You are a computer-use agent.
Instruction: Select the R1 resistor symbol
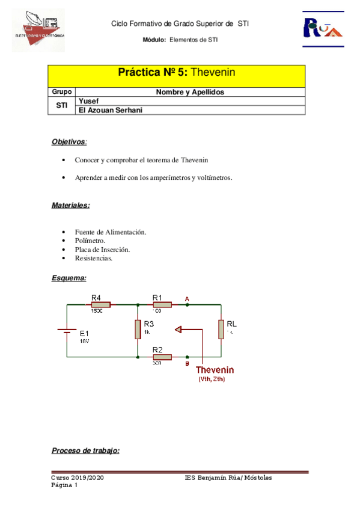(161, 305)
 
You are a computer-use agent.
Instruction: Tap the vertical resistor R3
(138, 329)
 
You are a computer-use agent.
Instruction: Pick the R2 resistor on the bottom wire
(161, 357)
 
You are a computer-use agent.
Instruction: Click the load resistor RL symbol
(221, 329)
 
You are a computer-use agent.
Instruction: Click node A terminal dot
(188, 305)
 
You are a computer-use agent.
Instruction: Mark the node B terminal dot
(188, 357)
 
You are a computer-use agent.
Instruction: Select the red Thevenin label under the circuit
(215, 370)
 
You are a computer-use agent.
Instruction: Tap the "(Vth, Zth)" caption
(213, 379)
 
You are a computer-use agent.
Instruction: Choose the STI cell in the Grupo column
(61, 105)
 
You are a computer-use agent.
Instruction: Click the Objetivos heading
(68, 142)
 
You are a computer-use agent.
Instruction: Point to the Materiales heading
(70, 205)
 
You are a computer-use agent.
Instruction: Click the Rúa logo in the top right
(323, 27)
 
